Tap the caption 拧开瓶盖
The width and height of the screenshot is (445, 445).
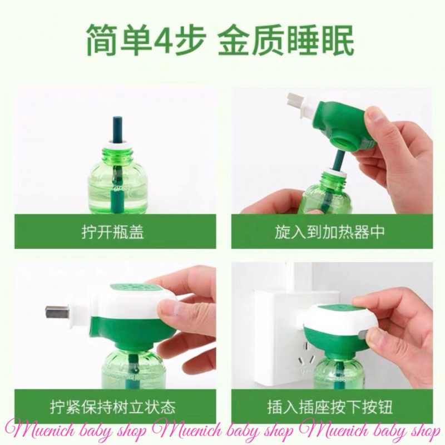(x=113, y=232)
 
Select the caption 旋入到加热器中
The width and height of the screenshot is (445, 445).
(x=329, y=232)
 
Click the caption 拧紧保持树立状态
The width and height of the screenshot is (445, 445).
(x=113, y=407)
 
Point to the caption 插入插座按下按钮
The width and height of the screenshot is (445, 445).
(x=330, y=407)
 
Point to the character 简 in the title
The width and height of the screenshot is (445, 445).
(x=102, y=40)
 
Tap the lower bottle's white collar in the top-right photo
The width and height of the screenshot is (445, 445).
(x=336, y=172)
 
